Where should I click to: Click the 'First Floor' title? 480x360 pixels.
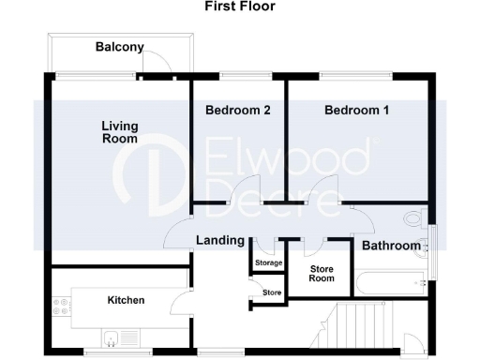pos(238,7)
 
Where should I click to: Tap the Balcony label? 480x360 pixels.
pos(119,47)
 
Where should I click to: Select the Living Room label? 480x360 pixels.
pos(120,131)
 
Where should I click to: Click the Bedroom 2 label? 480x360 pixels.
pos(238,111)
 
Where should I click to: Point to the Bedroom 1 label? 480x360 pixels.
pos(356,111)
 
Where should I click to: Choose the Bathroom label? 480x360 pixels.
pos(392,246)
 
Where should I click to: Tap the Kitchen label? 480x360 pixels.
pos(126,300)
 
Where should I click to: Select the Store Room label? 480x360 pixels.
pos(322,272)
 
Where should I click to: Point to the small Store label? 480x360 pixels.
pos(271,293)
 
